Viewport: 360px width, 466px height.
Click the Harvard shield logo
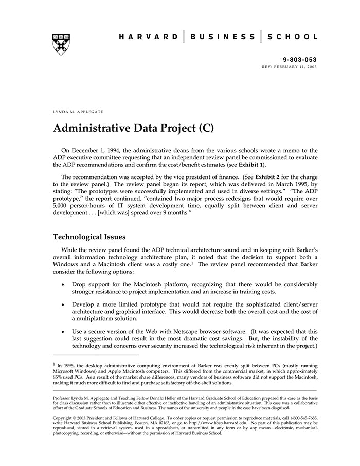click(61, 44)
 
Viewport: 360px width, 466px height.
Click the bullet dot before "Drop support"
click(63, 284)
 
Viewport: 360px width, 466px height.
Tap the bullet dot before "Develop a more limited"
click(63, 304)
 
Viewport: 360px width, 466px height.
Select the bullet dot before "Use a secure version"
click(63, 332)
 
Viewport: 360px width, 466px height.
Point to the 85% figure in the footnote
click(58, 377)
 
